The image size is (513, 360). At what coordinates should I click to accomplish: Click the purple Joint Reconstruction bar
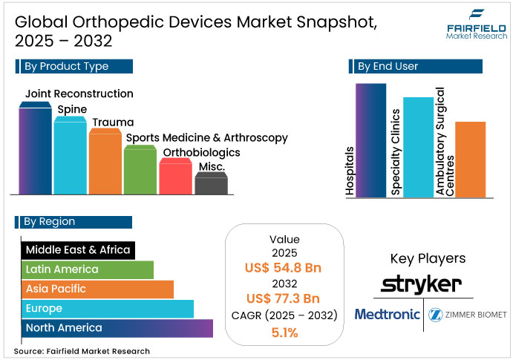pyautogui.click(x=35, y=148)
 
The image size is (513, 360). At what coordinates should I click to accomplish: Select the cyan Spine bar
pyautogui.click(x=71, y=156)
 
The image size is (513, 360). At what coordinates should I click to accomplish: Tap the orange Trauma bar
pyautogui.click(x=105, y=162)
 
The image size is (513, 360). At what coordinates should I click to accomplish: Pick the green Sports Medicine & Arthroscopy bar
pyautogui.click(x=140, y=170)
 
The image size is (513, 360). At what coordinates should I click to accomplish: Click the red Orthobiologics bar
pyautogui.click(x=176, y=177)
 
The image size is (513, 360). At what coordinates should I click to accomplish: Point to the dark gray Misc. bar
pyautogui.click(x=211, y=185)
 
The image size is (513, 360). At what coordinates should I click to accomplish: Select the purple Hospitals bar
pyautogui.click(x=370, y=140)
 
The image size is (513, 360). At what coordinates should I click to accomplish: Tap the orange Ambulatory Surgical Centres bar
pyautogui.click(x=470, y=160)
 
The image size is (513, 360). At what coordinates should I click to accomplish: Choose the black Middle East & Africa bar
pyautogui.click(x=77, y=250)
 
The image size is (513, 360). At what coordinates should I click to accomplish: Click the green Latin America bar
pyautogui.click(x=87, y=269)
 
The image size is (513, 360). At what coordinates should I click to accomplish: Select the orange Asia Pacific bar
pyautogui.click(x=97, y=289)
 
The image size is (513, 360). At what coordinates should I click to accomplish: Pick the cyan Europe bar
pyautogui.click(x=107, y=308)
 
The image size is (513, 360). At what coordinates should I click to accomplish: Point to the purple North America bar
pyautogui.click(x=117, y=328)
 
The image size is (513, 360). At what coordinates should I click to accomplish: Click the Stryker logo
pyautogui.click(x=421, y=284)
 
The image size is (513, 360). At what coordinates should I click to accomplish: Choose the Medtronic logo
pyautogui.click(x=387, y=314)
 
